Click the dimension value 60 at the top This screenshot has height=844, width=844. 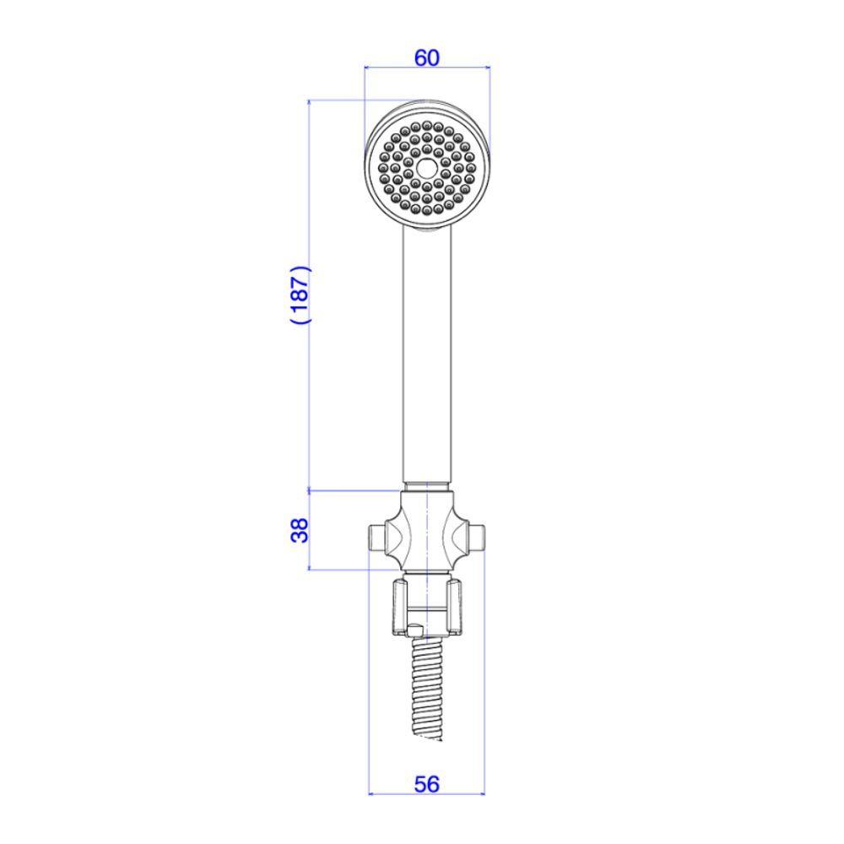[x=427, y=57]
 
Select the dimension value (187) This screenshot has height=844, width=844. [x=300, y=295]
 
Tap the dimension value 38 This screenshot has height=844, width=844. [x=300, y=530]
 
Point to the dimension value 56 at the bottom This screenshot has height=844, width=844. [x=426, y=784]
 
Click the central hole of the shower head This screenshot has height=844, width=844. [x=427, y=167]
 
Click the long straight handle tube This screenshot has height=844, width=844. [x=427, y=355]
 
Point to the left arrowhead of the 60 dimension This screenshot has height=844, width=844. [x=367, y=68]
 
